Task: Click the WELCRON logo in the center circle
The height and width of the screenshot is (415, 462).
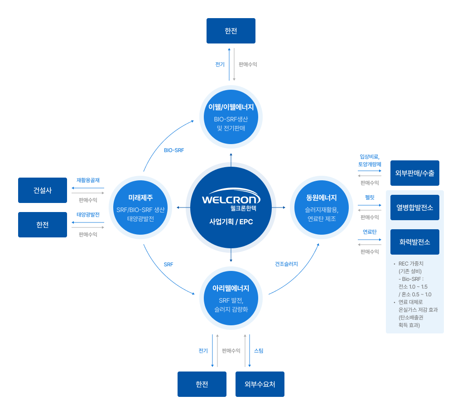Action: [231, 199]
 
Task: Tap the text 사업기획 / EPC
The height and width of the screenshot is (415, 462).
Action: [231, 222]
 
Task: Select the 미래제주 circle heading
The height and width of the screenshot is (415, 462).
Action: [140, 198]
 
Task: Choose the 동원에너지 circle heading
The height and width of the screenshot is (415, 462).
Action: [322, 198]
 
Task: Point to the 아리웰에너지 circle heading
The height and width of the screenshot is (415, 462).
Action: [231, 288]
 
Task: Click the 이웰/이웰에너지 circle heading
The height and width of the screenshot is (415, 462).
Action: [231, 107]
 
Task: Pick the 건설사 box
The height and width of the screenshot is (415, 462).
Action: [43, 190]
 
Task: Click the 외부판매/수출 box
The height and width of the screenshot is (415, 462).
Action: [414, 173]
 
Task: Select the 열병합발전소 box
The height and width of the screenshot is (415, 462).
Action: [414, 207]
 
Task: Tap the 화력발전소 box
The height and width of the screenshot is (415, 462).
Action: [414, 241]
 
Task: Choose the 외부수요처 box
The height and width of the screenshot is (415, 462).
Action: [260, 384]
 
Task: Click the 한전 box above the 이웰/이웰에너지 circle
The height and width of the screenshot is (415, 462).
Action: [231, 31]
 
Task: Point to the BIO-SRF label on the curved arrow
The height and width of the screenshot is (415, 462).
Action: [174, 150]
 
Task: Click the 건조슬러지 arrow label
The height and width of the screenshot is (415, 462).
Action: [286, 264]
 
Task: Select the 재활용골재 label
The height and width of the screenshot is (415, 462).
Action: [88, 180]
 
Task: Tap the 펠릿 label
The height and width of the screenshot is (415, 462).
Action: [370, 197]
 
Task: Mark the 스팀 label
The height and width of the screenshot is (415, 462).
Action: [259, 351]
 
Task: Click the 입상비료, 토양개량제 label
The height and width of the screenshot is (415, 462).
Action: [370, 160]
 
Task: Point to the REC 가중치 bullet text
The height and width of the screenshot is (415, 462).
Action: [411, 264]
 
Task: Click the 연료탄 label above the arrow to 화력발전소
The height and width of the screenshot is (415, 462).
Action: [370, 232]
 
